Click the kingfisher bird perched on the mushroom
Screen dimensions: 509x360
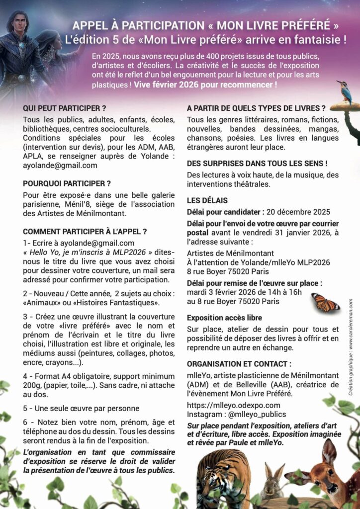pyautogui.click(x=345, y=91)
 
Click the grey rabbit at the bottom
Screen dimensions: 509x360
pyautogui.click(x=272, y=482)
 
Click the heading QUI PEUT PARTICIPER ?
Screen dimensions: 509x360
pyautogui.click(x=65, y=108)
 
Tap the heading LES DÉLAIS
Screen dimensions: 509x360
pyautogui.click(x=207, y=200)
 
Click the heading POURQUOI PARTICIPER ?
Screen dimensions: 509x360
pyautogui.click(x=67, y=183)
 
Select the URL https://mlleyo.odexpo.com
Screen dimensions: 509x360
pyautogui.click(x=234, y=405)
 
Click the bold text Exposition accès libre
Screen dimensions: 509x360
pyautogui.click(x=224, y=318)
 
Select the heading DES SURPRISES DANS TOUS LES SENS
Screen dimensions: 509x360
pyautogui.click(x=257, y=163)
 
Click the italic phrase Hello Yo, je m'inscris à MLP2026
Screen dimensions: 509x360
pyautogui.click(x=88, y=252)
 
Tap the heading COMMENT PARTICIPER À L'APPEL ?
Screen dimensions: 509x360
pyautogui.click(x=85, y=231)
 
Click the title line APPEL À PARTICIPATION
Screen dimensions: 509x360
pyautogui.click(x=206, y=25)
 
